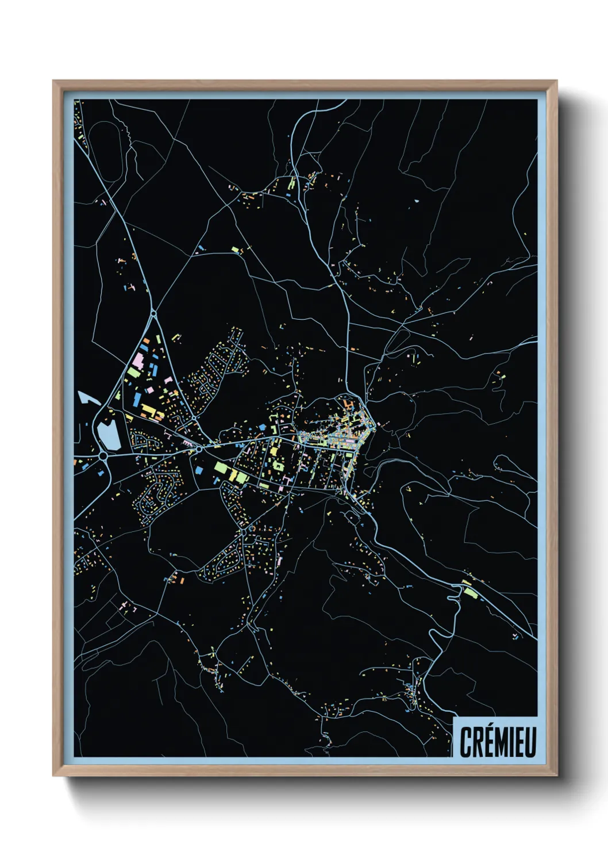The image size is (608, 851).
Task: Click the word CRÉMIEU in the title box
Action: (498, 742)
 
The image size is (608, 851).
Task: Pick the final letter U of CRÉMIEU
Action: (530, 742)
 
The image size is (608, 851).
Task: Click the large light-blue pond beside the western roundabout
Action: (108, 434)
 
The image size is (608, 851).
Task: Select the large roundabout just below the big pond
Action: (103, 456)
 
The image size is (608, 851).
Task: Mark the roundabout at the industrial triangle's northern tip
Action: (154, 314)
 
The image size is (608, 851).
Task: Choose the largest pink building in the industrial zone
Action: (138, 361)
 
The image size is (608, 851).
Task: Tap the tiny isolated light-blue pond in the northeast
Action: (415, 201)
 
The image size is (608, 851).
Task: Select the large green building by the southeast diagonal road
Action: (471, 593)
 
